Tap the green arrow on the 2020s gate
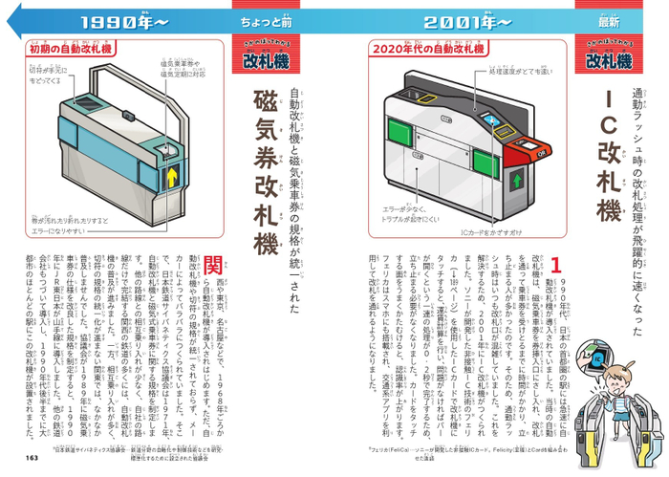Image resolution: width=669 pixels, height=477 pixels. [x=517, y=180]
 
